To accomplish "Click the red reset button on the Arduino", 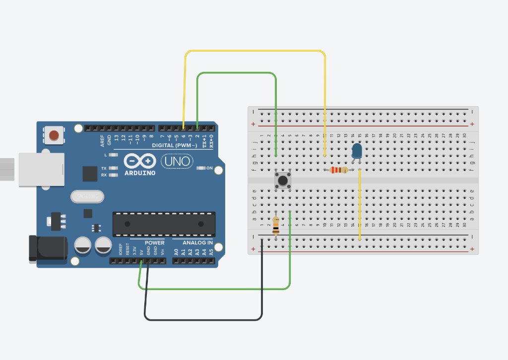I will tap(54, 135).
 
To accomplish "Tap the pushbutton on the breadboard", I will tap(283, 180).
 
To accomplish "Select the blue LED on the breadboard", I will tap(357, 151).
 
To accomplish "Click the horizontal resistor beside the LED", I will tap(339, 170).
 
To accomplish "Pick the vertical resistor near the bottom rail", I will tap(276, 226).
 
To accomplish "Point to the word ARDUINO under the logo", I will tap(140, 173).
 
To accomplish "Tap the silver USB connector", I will tap(42, 170).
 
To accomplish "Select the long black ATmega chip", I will tap(164, 224).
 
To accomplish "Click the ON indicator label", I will tap(209, 169).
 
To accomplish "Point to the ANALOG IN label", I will tap(197, 243).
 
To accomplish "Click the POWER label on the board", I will tap(155, 243).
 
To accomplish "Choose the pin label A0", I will tap(176, 252).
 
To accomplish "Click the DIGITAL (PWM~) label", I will tap(174, 145).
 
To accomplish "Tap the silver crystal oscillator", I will tap(87, 197).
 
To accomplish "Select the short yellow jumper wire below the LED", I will tap(359, 204).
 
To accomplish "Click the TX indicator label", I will tap(104, 168).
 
